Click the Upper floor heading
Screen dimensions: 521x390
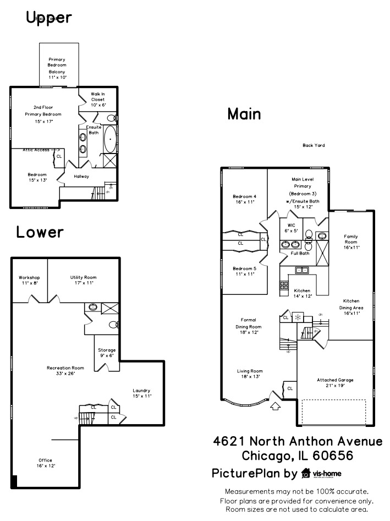coord(49,18)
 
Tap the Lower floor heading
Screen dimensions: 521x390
coord(40,232)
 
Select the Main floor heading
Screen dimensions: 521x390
coord(244,114)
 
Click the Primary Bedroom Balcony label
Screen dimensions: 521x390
coord(57,68)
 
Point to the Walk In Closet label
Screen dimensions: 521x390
coord(98,99)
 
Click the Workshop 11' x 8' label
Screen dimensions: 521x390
coord(29,280)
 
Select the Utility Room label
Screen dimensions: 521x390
coord(83,280)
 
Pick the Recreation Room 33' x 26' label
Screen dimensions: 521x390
coord(65,370)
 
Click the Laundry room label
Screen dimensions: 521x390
coord(141,393)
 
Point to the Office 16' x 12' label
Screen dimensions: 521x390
coord(45,463)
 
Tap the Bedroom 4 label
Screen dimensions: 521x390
coord(244,199)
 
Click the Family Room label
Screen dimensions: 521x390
coord(351,242)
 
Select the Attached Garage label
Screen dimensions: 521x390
coord(334,382)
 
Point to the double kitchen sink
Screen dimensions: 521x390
coord(301,270)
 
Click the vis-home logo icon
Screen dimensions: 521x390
coord(306,474)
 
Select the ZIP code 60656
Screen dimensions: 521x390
coord(332,456)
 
